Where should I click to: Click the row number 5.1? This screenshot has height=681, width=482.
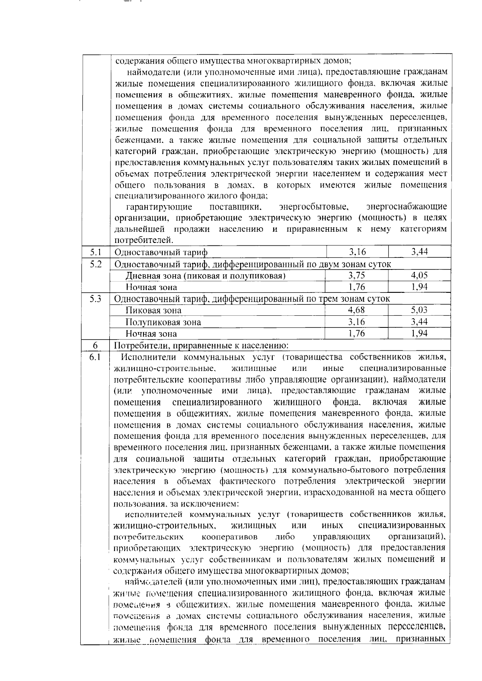pyautogui.click(x=95, y=252)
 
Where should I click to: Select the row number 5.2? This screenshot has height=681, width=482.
pyautogui.click(x=95, y=264)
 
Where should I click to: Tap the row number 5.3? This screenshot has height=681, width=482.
pyautogui.click(x=95, y=299)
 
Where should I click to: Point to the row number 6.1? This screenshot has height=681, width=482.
pyautogui.click(x=95, y=357)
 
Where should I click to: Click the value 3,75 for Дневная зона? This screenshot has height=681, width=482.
pyautogui.click(x=357, y=276)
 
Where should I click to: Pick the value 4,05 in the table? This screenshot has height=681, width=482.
pyautogui.click(x=419, y=276)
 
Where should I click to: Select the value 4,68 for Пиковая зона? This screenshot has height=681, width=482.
pyautogui.click(x=357, y=310)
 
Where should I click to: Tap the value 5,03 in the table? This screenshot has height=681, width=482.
pyautogui.click(x=419, y=310)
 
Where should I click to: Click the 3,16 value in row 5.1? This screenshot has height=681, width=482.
pyautogui.click(x=357, y=252)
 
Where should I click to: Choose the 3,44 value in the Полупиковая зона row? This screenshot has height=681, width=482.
pyautogui.click(x=419, y=322)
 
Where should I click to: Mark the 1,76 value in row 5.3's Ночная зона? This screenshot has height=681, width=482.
pyautogui.click(x=357, y=333)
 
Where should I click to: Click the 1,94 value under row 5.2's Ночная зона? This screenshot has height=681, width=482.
pyautogui.click(x=419, y=287)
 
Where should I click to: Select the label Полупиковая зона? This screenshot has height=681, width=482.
pyautogui.click(x=163, y=322)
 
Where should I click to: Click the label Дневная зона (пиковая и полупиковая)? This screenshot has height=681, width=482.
pyautogui.click(x=206, y=276)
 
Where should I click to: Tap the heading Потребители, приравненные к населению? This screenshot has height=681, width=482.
pyautogui.click(x=202, y=346)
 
